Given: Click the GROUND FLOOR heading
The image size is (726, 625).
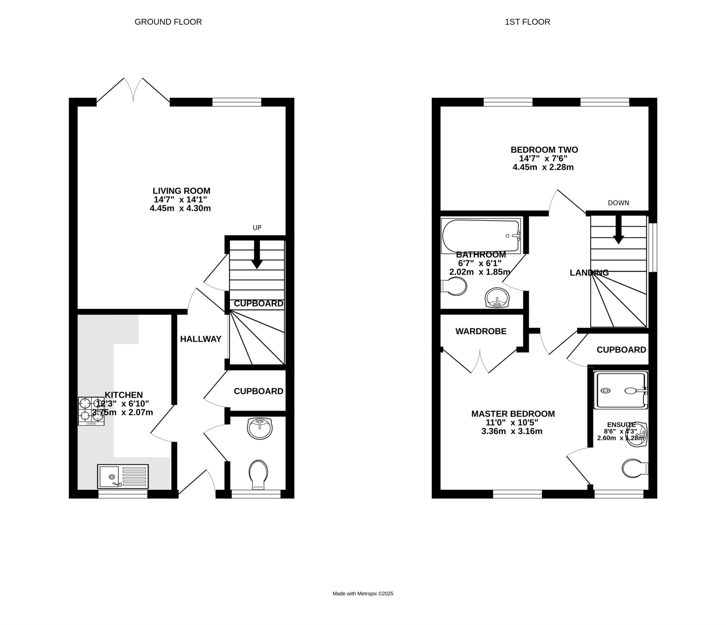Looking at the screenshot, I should tap(168, 22).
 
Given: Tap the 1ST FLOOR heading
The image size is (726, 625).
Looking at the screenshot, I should tap(527, 22).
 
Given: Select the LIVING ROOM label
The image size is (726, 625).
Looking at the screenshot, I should tap(181, 191).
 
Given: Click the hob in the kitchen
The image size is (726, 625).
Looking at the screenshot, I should tap(91, 411).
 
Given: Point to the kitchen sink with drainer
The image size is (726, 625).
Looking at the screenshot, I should tap(123, 476).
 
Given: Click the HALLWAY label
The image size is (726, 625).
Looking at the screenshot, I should tap(201, 339).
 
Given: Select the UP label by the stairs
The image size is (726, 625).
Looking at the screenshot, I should tap(257, 228).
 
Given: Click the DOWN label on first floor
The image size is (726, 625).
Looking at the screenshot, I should tap(618, 203).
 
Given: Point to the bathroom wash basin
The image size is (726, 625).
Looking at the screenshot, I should tap(497, 297).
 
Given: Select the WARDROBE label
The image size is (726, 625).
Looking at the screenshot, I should tap(481, 331).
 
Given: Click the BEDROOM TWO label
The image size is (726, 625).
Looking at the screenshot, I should tap(544, 150).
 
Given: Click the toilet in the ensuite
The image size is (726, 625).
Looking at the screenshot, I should tap(635, 468).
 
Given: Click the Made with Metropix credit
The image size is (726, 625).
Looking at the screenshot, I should tap(363, 593).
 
